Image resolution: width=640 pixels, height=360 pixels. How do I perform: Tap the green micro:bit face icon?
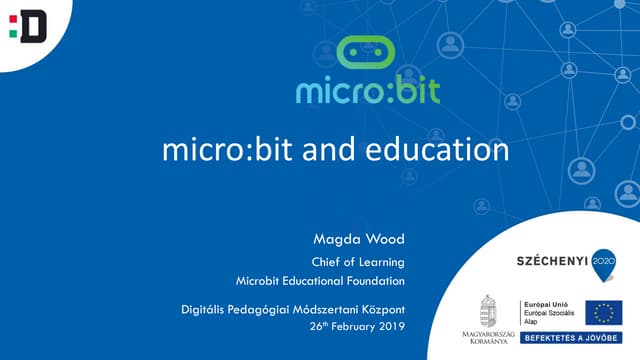tap(367, 56)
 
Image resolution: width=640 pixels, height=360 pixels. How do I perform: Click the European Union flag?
tap(604, 312)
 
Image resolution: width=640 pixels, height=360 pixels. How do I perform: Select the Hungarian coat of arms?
tap(489, 309)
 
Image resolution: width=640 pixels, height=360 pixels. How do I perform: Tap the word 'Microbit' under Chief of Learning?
tap(261, 279)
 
